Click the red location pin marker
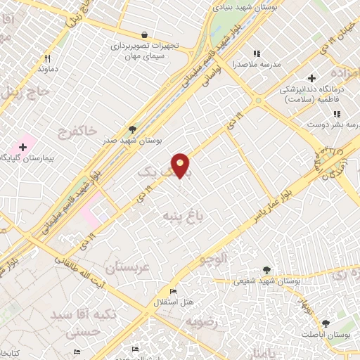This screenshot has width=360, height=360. click(x=181, y=165)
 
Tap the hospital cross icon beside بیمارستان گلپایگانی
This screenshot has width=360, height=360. click(x=23, y=147)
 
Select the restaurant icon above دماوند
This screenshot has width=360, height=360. click(x=48, y=59)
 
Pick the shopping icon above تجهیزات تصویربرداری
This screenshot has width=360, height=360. click(x=144, y=34)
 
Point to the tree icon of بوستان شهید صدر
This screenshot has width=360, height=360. click(x=132, y=129)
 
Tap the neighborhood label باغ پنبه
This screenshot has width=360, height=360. click(x=182, y=215)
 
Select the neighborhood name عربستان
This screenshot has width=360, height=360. click(x=127, y=268)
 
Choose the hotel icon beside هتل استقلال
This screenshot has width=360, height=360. click(x=172, y=292)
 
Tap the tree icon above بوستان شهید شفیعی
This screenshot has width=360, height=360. click(x=266, y=270)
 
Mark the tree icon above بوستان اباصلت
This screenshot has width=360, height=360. click(x=325, y=323)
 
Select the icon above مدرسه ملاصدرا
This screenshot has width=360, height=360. click(x=257, y=53)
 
